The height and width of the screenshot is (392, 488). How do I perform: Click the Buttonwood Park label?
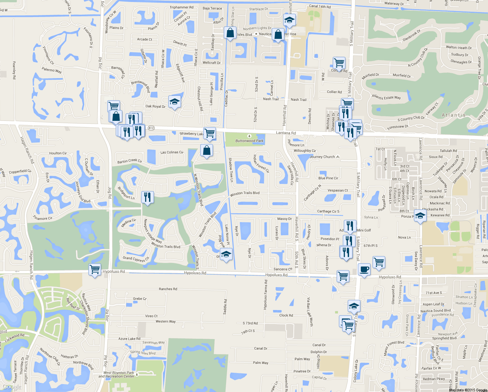click(250, 141)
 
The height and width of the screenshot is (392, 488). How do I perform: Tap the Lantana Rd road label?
click(286, 133)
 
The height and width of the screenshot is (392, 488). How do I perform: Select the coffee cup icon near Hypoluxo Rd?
click(364, 270)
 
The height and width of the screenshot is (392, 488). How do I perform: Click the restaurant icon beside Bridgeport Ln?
click(147, 197)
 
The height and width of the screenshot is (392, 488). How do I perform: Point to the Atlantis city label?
click(453, 115)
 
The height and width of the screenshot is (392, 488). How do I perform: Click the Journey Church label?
click(322, 157)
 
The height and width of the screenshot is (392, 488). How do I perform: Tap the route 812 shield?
click(151, 128)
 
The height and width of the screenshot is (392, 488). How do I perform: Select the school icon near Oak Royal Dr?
click(175, 102)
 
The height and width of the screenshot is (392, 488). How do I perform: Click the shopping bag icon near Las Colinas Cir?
click(206, 151)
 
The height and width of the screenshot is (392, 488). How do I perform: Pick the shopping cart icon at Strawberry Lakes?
click(209, 133)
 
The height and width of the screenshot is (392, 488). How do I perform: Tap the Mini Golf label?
click(364, 230)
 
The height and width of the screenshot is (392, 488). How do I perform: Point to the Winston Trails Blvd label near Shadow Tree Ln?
click(245, 193)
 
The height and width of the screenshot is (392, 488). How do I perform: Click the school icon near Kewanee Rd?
click(420, 216)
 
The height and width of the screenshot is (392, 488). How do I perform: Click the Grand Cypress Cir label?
click(136, 259)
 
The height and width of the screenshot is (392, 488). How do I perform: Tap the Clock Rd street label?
click(286, 315)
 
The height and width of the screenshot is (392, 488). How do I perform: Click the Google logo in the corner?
click(12, 387)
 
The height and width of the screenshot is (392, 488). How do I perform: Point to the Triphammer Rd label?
click(181, 7)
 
